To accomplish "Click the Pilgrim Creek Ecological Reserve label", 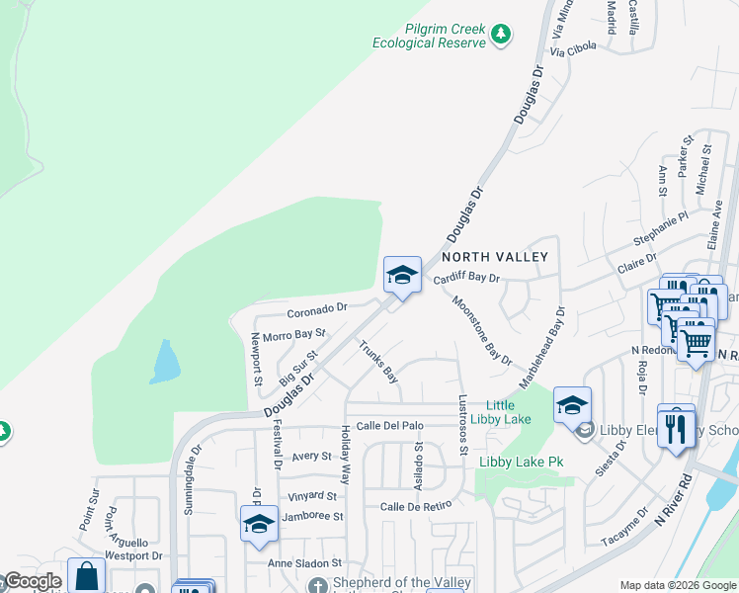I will pyautogui.click(x=430, y=37).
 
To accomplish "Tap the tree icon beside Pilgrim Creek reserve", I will pyautogui.click(x=502, y=35).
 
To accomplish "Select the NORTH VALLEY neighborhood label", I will pyautogui.click(x=501, y=257).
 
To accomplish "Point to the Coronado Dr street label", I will pyautogui.click(x=317, y=307).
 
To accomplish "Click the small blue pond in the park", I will pyautogui.click(x=164, y=362).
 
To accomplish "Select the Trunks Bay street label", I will pyautogui.click(x=377, y=362).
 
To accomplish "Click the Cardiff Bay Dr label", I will pyautogui.click(x=467, y=280).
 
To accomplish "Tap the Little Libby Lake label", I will pyautogui.click(x=508, y=412).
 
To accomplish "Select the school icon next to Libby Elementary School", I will pyautogui.click(x=571, y=405).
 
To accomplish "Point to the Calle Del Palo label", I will pyautogui.click(x=389, y=426).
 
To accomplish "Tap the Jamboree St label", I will pyautogui.click(x=312, y=517).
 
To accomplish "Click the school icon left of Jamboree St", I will pyautogui.click(x=258, y=524).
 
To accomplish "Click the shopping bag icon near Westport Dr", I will pyautogui.click(x=86, y=576).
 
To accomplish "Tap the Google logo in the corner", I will pyautogui.click(x=32, y=582).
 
